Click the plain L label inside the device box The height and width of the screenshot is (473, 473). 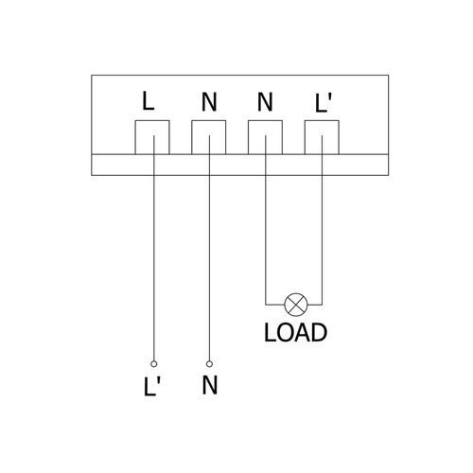[x=149, y=101]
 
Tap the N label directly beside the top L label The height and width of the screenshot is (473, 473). [x=209, y=102]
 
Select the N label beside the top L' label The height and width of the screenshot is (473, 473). [x=265, y=102]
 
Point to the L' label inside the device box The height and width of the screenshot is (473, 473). [x=324, y=103]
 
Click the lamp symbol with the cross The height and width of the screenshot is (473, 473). [x=296, y=305]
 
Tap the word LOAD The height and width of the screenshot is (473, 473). [x=295, y=333]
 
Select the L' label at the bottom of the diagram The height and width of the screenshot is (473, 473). [x=152, y=386]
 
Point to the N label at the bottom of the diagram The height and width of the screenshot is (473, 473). [x=210, y=385]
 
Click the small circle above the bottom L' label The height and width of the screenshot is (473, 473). [x=154, y=364]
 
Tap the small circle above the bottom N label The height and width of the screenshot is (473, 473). [x=209, y=364]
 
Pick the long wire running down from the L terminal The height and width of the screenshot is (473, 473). [x=154, y=249]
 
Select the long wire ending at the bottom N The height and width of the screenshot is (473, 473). [x=209, y=249]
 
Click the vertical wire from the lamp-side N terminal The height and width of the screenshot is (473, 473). [x=266, y=220]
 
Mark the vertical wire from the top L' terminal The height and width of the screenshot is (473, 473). [x=322, y=220]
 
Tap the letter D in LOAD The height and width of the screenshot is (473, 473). [x=319, y=333]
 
